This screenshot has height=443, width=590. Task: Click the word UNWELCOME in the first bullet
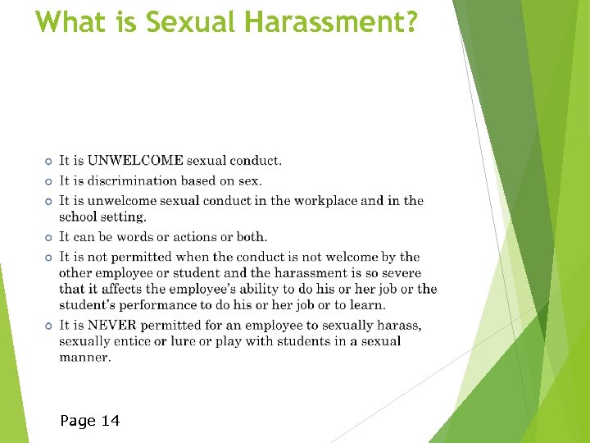click(135, 161)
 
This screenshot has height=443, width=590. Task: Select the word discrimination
click(138, 180)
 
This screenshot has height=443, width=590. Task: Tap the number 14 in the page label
click(110, 421)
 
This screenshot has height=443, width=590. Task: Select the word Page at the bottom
click(78, 422)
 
